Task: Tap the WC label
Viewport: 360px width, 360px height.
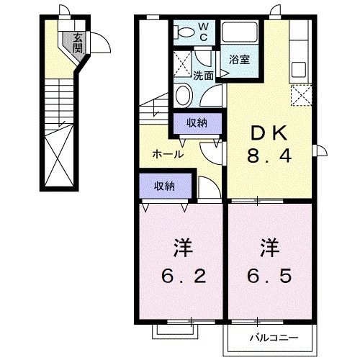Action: [x=203, y=32]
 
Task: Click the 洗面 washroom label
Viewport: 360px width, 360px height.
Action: [x=202, y=75]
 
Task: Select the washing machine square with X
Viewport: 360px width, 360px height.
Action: [x=183, y=60]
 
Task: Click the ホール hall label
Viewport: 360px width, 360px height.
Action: [x=167, y=154]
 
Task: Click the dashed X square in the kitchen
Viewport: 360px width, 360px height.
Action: [x=302, y=95]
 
